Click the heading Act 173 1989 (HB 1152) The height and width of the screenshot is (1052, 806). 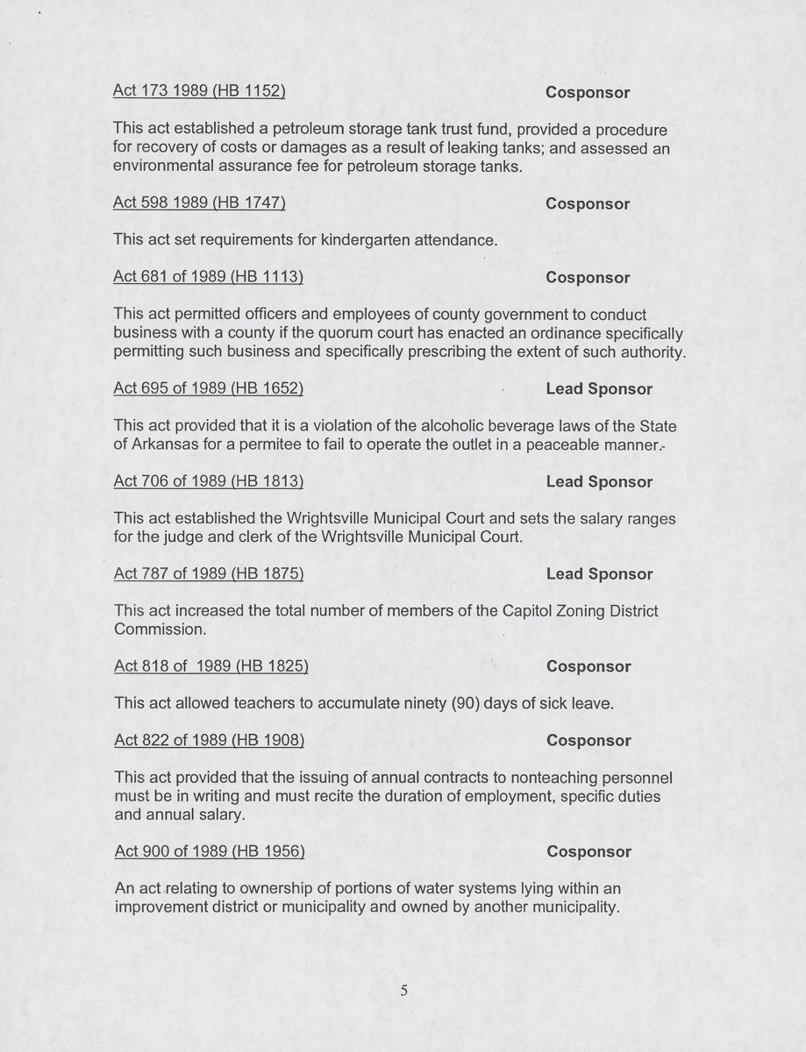[x=199, y=90]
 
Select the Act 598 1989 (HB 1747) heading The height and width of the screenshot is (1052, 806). [x=199, y=203]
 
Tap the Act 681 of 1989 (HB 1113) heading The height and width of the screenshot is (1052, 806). [x=209, y=277]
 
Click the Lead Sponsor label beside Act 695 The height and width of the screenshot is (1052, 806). [x=599, y=388]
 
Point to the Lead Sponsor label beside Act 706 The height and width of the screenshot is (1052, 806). [x=599, y=481]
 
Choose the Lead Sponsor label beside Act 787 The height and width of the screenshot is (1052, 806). [x=599, y=573]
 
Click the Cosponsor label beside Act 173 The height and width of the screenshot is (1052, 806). [x=588, y=92]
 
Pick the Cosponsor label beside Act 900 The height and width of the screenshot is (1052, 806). [x=588, y=851]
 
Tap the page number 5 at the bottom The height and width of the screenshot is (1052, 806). [x=404, y=991]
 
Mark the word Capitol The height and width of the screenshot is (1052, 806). [x=528, y=611]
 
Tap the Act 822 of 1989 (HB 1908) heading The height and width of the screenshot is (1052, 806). [x=210, y=740]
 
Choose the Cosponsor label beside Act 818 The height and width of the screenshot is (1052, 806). [x=588, y=666]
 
